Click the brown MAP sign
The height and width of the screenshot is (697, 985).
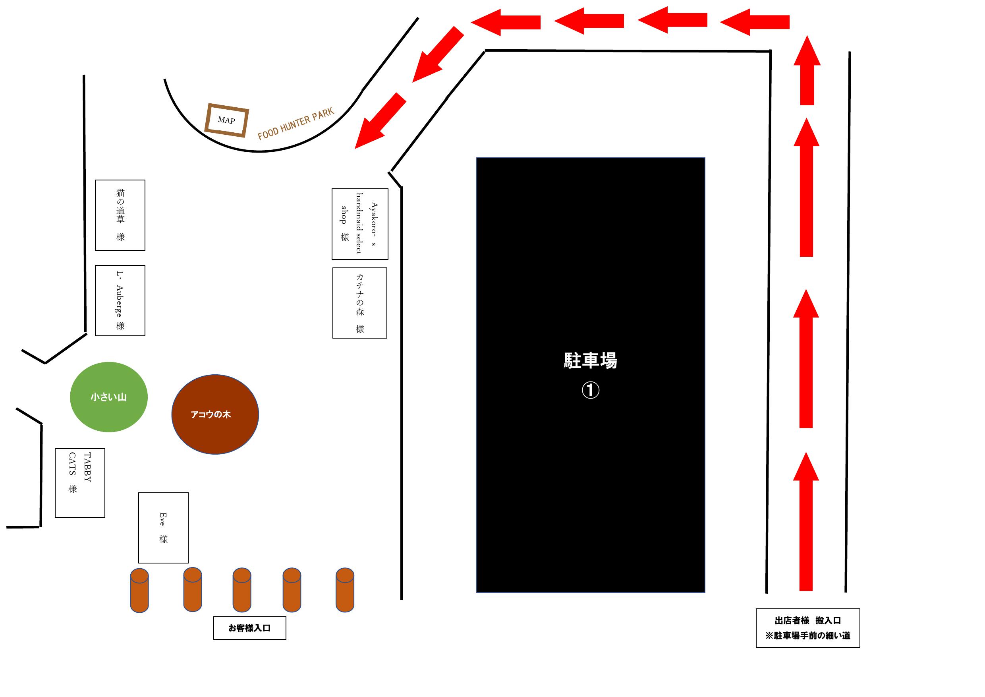tap(226, 120)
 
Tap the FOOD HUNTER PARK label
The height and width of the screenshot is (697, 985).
tap(295, 124)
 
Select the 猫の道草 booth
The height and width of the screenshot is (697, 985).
tap(120, 215)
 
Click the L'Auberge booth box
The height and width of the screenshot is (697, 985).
tap(120, 300)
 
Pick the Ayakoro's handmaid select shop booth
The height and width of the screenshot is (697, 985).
tap(360, 224)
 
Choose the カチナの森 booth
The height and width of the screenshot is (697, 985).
tap(360, 303)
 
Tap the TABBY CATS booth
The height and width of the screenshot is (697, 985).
tap(80, 483)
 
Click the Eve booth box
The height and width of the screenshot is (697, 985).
tap(164, 527)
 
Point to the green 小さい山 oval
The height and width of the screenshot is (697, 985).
tap(109, 397)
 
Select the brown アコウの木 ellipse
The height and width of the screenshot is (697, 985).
tap(215, 414)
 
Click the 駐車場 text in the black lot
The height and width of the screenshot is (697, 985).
tap(590, 360)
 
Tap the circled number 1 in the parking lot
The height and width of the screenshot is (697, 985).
tap(590, 390)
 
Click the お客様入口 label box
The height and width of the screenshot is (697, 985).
tap(250, 628)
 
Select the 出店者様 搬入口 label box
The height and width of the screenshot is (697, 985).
tap(808, 628)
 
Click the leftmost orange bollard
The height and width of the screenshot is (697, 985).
tap(139, 590)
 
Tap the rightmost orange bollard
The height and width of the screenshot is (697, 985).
tap(345, 590)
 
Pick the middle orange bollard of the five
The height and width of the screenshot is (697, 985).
tap(242, 590)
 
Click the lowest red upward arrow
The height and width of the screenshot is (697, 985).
tap(806, 521)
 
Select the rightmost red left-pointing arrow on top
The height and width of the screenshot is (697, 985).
tap(755, 21)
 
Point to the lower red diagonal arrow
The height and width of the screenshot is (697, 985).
tap(380, 120)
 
